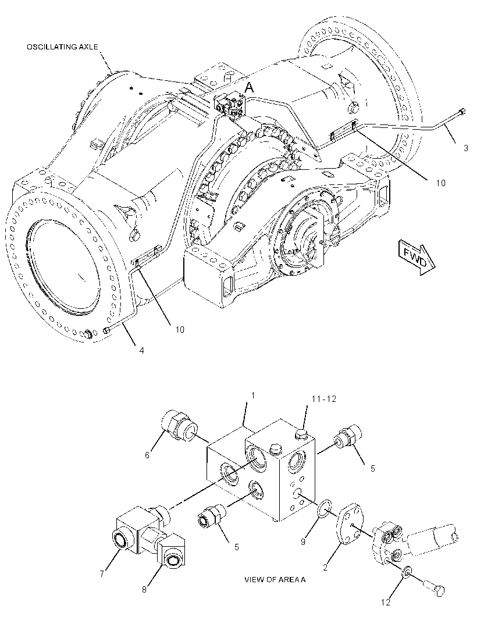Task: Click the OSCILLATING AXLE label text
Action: click(x=62, y=47)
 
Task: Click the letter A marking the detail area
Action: click(x=249, y=88)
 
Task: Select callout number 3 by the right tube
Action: click(x=466, y=148)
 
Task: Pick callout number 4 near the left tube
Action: click(x=141, y=350)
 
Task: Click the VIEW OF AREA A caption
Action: click(x=275, y=580)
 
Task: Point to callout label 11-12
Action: click(x=324, y=399)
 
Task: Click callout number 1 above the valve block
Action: click(x=253, y=396)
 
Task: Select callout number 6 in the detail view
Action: click(x=147, y=455)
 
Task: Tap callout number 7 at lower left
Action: click(x=102, y=573)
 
